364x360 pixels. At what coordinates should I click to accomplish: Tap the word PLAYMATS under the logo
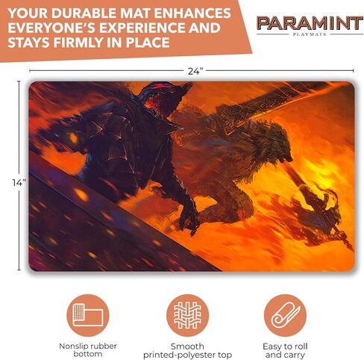(310, 34)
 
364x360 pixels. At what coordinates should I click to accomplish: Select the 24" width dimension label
(195, 72)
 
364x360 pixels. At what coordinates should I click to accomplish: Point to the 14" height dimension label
(19, 182)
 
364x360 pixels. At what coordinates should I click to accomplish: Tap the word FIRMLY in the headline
(78, 43)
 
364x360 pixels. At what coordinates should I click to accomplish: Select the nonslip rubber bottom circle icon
(88, 315)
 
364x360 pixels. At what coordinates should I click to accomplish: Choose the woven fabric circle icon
(187, 315)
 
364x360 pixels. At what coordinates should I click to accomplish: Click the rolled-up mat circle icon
(285, 315)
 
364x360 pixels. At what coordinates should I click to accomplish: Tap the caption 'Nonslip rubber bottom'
(88, 350)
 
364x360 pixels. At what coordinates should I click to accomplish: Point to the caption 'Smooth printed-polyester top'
(187, 350)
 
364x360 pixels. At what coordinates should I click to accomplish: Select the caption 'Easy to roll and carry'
(285, 350)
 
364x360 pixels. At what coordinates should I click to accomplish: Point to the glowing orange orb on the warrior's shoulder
(73, 137)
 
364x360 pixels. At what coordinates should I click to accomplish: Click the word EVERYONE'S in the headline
(51, 28)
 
